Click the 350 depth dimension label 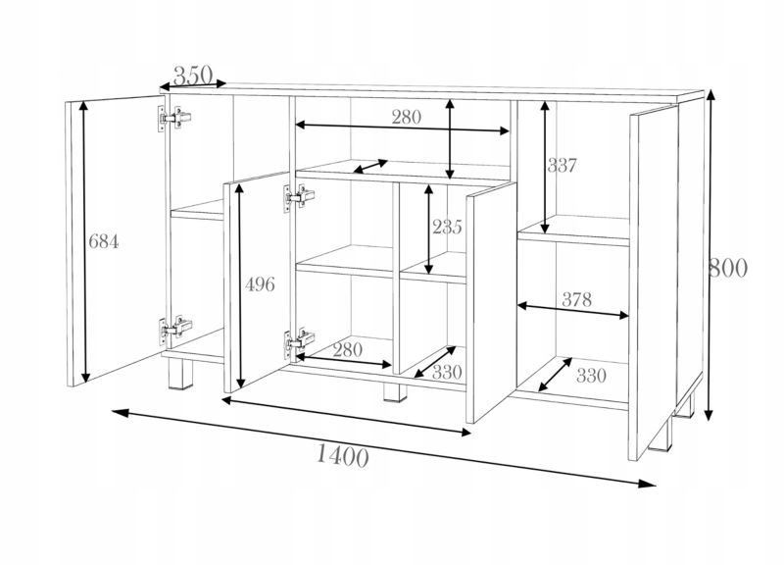(193, 76)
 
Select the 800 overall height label (728, 268)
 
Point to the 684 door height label (104, 242)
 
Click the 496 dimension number (260, 284)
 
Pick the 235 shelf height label (447, 228)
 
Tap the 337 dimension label (562, 165)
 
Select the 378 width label (577, 299)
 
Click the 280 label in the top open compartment (406, 117)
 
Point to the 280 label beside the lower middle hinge (347, 349)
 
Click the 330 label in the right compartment (591, 376)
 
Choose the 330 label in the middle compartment (447, 373)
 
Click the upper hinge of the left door (174, 119)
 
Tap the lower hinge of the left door (175, 330)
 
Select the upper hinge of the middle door (299, 197)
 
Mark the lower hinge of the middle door (299, 341)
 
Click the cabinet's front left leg (179, 376)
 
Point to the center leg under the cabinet (395, 392)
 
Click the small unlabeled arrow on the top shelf (370, 166)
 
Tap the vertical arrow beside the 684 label (85, 241)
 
